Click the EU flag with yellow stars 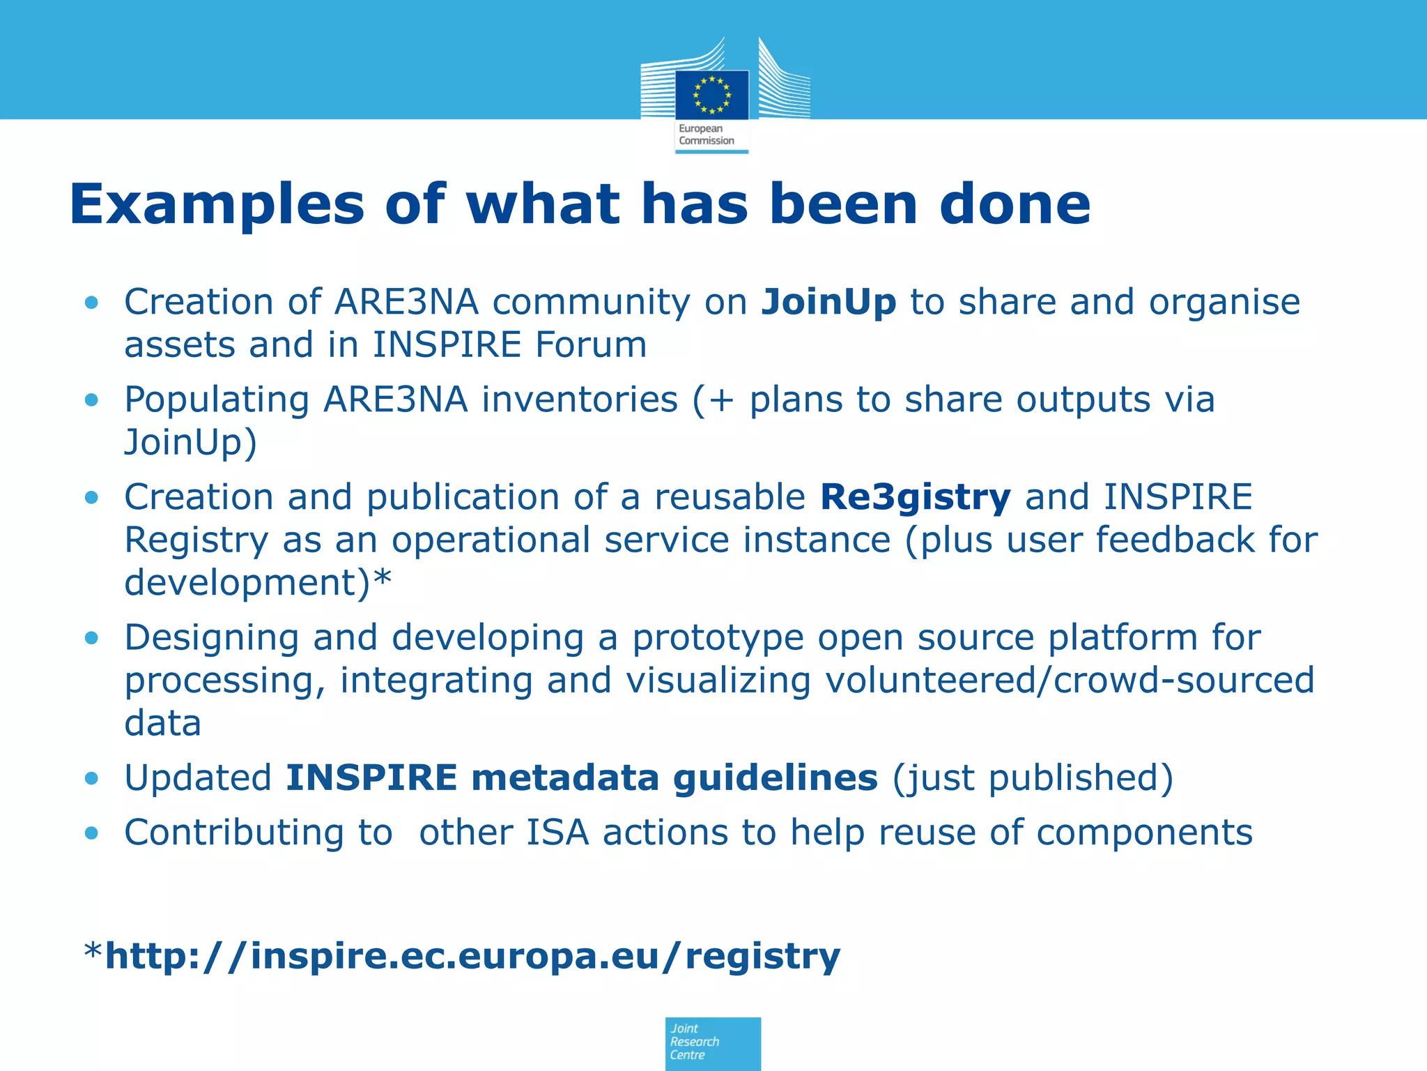pyautogui.click(x=711, y=95)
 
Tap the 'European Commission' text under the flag pyautogui.click(x=707, y=135)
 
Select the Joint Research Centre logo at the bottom pyautogui.click(x=712, y=1042)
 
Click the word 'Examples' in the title pyautogui.click(x=217, y=206)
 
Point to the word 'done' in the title pyautogui.click(x=1015, y=204)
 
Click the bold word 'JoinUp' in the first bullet pyautogui.click(x=828, y=303)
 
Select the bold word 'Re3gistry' pyautogui.click(x=915, y=498)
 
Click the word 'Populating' pyautogui.click(x=217, y=400)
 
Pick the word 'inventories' pyautogui.click(x=580, y=400)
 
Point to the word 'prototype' pyautogui.click(x=718, y=638)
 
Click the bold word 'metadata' pyautogui.click(x=564, y=778)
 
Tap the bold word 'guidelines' pyautogui.click(x=775, y=778)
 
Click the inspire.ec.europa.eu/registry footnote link pyautogui.click(x=472, y=956)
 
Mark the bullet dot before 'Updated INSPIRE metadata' pyautogui.click(x=91, y=778)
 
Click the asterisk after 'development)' pyautogui.click(x=383, y=580)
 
